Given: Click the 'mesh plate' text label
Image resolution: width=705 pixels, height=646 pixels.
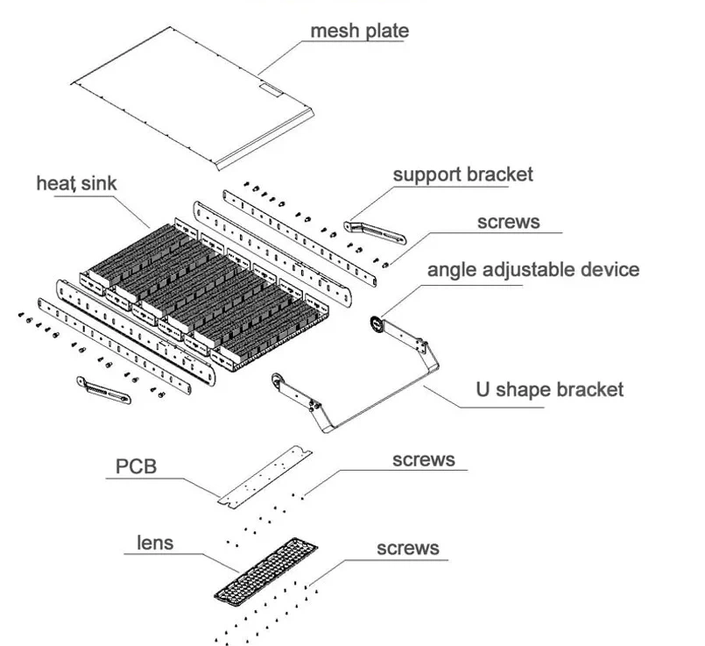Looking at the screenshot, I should click(359, 31).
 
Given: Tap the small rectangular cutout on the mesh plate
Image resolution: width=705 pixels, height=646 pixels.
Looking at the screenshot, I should click(272, 88).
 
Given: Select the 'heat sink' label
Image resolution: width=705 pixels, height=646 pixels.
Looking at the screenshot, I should click(76, 184).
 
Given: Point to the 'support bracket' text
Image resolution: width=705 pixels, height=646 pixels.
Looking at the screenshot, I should click(462, 174).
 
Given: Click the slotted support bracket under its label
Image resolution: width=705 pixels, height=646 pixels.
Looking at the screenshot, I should click(376, 231).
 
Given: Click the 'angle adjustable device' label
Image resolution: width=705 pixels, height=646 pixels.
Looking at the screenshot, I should click(532, 268).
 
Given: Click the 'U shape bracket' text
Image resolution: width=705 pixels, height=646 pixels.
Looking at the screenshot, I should click(549, 388).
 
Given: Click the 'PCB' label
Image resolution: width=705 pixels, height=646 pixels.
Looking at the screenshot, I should click(136, 465).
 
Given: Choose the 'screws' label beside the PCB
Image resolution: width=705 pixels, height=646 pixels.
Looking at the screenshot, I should click(424, 459).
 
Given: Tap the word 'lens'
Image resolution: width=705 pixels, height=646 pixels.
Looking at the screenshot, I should click(155, 543).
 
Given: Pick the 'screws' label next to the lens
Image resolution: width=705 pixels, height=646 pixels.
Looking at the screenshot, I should click(407, 548).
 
